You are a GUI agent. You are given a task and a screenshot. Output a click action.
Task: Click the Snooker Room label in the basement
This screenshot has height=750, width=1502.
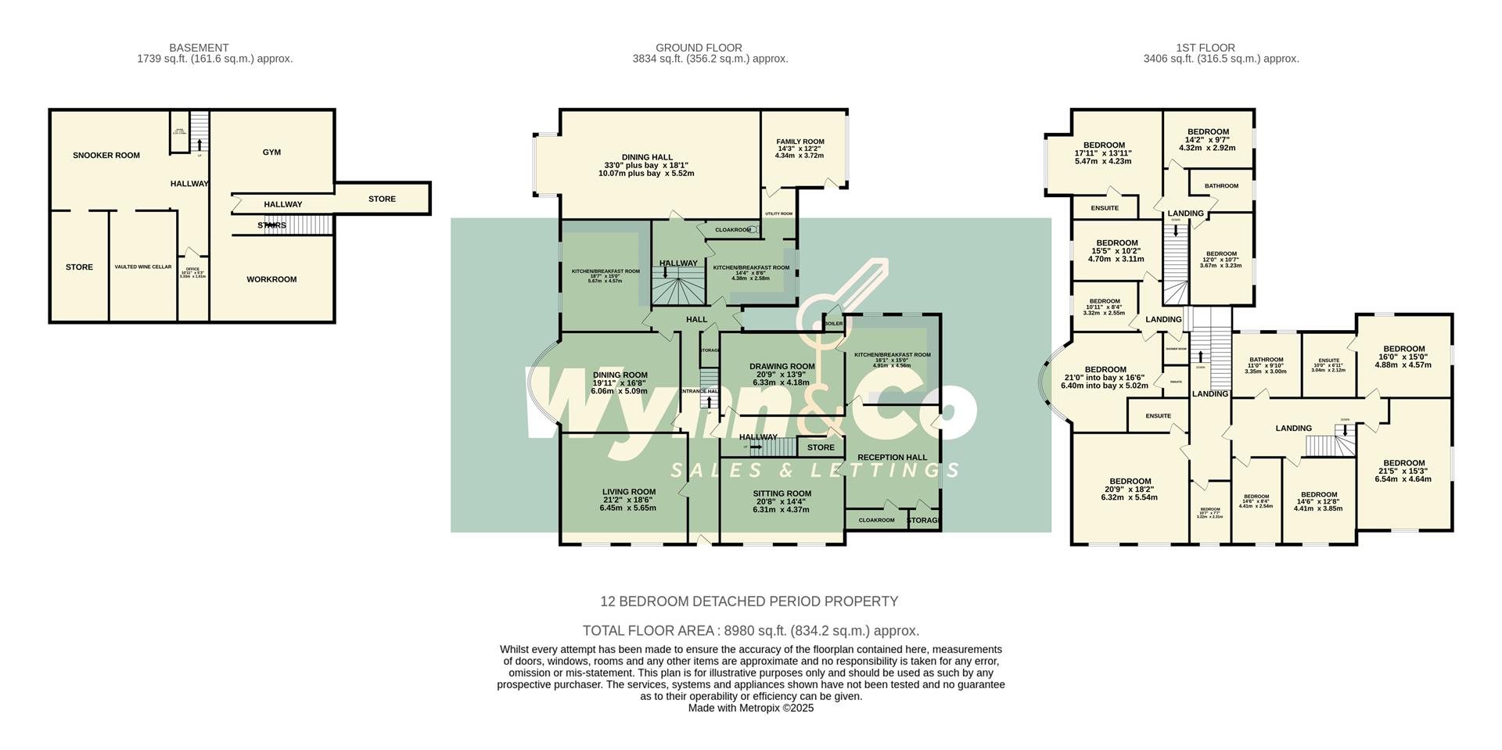tap(106, 155)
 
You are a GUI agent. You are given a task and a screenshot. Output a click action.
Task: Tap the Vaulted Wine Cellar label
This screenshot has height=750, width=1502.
tap(142, 267)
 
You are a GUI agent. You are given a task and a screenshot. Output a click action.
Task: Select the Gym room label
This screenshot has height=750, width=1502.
tap(271, 152)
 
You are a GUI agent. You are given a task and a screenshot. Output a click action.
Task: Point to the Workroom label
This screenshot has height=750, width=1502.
tap(271, 279)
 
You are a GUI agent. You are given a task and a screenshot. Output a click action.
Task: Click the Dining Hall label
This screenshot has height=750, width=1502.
tap(646, 157)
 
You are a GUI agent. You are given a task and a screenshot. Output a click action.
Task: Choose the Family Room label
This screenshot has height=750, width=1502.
tap(800, 142)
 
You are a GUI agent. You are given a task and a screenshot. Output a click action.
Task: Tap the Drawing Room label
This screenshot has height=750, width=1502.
tap(782, 366)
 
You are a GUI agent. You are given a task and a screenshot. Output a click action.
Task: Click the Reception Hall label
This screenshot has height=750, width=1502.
tap(892, 458)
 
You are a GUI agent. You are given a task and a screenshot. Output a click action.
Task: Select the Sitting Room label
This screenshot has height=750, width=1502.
tap(782, 493)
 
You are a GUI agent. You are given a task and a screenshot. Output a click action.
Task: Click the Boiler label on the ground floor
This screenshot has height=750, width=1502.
tap(833, 323)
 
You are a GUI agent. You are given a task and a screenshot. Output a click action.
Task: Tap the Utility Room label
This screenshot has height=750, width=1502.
tap(778, 214)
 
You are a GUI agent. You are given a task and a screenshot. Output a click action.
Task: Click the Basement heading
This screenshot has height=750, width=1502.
tap(199, 48)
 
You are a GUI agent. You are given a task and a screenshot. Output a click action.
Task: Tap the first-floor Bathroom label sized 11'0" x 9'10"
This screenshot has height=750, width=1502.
tap(1265, 360)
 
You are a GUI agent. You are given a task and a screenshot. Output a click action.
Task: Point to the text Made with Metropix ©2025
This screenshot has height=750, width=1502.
tap(750, 708)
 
